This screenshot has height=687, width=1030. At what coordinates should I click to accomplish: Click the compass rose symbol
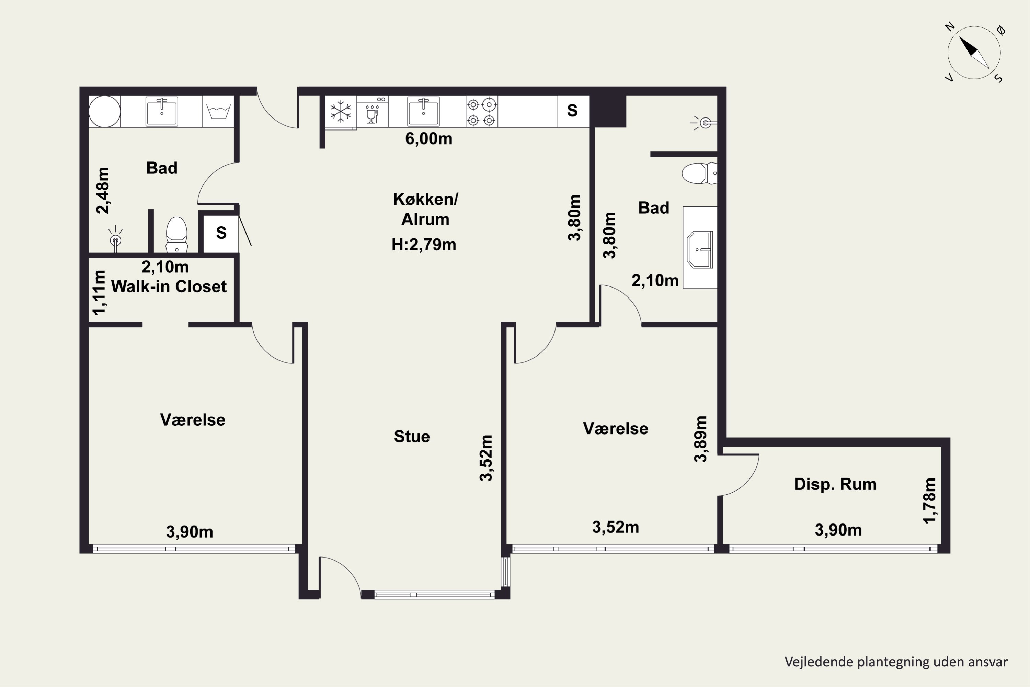pos(974,53)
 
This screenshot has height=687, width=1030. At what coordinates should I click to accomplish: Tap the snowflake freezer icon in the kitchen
pos(341,111)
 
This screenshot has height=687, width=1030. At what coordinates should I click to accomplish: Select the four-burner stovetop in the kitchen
pos(481,112)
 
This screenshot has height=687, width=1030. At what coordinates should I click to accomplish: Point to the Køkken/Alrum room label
pos(425,209)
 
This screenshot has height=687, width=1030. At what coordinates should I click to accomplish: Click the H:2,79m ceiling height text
pos(423,245)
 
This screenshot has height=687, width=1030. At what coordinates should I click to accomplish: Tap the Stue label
pos(412,436)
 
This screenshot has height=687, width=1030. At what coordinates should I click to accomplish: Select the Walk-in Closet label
pos(169,286)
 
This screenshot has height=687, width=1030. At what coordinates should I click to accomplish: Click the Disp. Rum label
pos(835,484)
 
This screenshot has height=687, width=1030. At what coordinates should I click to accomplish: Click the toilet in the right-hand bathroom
pos(699,173)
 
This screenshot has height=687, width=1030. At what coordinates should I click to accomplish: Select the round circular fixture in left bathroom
pos(105,112)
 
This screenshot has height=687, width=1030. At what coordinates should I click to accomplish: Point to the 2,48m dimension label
pos(103,191)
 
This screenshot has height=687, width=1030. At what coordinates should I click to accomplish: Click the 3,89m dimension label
pos(700,439)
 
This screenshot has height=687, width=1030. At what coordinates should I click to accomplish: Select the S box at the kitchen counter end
pos(573,111)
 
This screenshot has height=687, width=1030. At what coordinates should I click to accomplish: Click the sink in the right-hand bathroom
pos(700,249)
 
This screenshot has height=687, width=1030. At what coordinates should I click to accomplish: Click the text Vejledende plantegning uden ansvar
pos(896,662)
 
